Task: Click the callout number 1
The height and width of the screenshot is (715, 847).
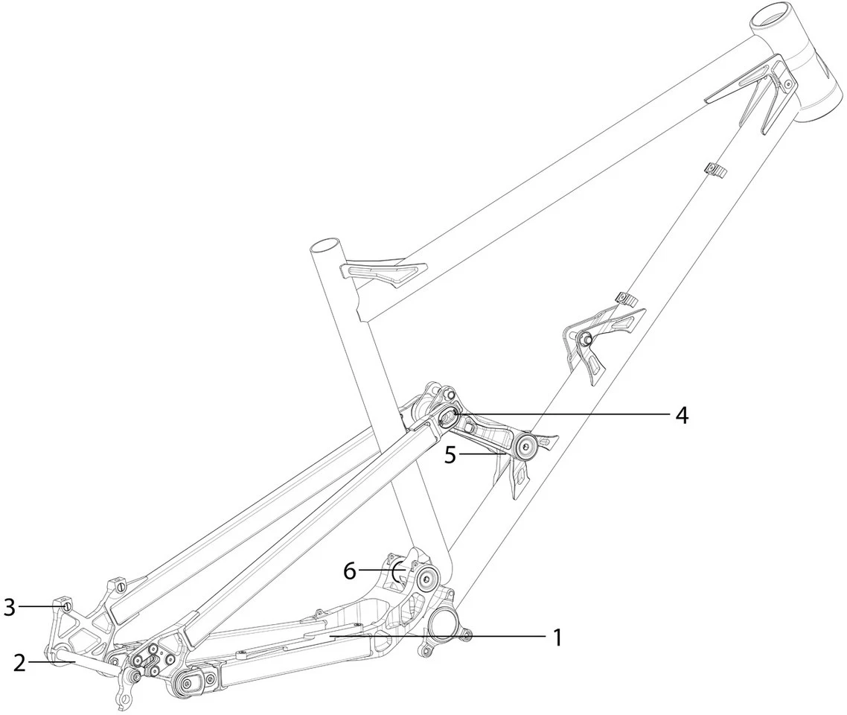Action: pos(555,638)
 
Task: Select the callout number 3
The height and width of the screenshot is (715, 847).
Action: pos(9,607)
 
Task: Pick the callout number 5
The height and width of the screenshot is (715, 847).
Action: pos(450,454)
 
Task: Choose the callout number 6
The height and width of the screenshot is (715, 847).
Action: pos(350,571)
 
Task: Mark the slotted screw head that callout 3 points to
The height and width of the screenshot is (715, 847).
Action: pos(67,607)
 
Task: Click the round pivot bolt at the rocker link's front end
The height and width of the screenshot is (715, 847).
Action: pos(527,447)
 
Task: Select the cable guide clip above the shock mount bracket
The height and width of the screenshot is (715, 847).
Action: pos(628,299)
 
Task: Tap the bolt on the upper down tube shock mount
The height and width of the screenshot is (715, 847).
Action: pos(586,340)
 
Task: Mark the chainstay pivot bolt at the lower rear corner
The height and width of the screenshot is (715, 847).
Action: pos(188,682)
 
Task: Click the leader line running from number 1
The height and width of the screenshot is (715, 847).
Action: pos(447,638)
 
